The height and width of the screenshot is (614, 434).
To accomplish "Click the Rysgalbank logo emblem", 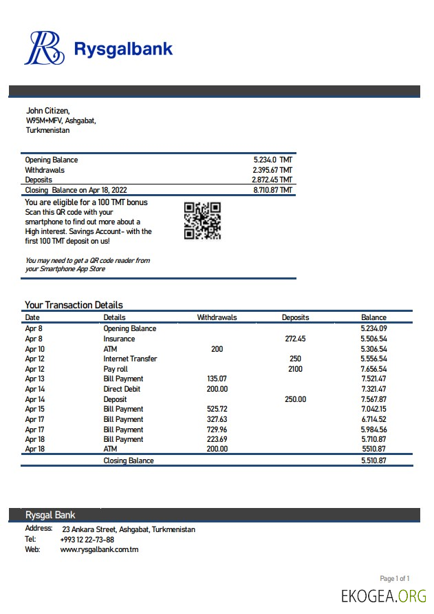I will coord(45,48).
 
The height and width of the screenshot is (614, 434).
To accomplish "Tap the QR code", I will coord(202,220).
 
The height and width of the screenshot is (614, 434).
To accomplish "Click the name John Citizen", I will coord(47,110).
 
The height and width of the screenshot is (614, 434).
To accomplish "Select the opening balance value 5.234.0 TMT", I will coord(272,160).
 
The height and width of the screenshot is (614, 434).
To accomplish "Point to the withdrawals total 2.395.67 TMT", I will coord(272,170).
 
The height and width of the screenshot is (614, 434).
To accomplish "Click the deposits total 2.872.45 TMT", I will coord(272,180).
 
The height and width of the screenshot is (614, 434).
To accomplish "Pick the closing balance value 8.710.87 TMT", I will coord(272,190).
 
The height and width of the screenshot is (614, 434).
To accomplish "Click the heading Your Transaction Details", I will coord(74,305).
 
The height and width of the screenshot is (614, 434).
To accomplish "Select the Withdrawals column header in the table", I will coord(217,317).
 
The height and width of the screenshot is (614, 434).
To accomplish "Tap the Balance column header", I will coord(373,317).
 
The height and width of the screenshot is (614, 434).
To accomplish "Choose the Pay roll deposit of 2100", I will coord(295,369).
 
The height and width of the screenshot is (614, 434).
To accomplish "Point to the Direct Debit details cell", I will coord(123,389).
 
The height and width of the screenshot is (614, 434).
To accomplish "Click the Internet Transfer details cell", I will coord(130,359).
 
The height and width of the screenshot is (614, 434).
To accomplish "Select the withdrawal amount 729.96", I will coord(217,429).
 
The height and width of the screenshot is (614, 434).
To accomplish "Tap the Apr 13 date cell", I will coord(34,379).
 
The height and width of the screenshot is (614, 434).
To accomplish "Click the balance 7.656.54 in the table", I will coord(373,369).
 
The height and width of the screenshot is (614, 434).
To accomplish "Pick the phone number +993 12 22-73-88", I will coord(87,540).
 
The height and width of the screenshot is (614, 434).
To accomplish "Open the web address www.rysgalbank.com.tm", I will coord(99,549).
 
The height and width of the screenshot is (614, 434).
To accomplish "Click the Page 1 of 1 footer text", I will coord(395,578).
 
